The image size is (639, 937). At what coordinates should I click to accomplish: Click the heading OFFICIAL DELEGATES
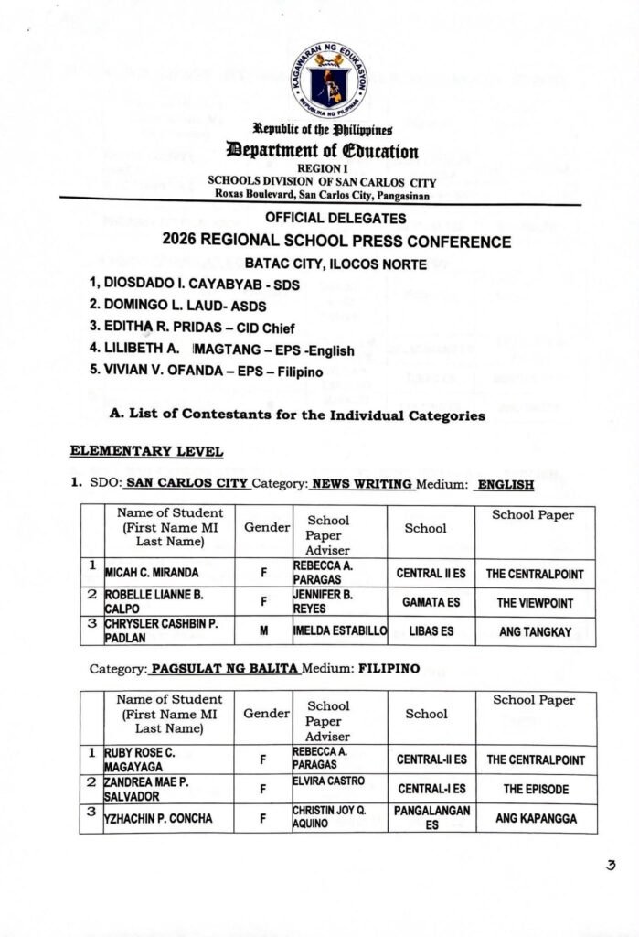tap(335, 218)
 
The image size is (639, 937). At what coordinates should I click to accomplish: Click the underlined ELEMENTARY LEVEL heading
tap(146, 451)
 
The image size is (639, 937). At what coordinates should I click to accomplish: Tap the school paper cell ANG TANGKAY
tap(535, 631)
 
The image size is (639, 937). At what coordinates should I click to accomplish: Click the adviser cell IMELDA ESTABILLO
tap(340, 631)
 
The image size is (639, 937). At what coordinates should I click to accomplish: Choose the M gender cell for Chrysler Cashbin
tap(263, 631)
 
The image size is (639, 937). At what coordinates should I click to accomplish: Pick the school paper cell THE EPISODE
tap(536, 789)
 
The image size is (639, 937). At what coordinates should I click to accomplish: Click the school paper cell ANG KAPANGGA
tap(536, 818)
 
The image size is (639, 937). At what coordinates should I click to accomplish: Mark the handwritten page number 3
tap(611, 865)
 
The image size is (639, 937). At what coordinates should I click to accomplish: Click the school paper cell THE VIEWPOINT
tap(535, 603)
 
